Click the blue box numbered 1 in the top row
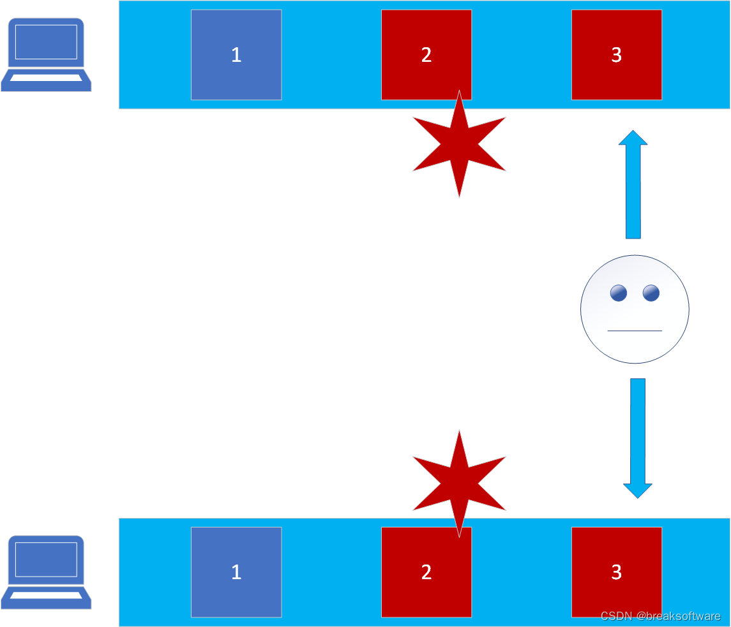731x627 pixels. pyautogui.click(x=236, y=55)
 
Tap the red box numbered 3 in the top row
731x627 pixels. pyautogui.click(x=616, y=55)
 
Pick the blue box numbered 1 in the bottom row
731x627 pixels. pyautogui.click(x=236, y=572)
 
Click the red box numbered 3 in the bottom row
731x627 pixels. pyautogui.click(x=616, y=572)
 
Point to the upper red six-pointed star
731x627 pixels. pyautogui.click(x=459, y=145)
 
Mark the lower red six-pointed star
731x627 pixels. pyautogui.click(x=459, y=483)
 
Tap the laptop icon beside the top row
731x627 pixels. pyautogui.click(x=46, y=55)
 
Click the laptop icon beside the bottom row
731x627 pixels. pyautogui.click(x=46, y=572)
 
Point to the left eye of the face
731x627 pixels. pyautogui.click(x=618, y=293)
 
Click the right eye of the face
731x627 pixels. pyautogui.click(x=651, y=293)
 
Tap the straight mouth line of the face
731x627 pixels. pyautogui.click(x=635, y=330)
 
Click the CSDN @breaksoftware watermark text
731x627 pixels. pyautogui.click(x=660, y=616)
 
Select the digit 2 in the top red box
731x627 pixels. pyautogui.click(x=426, y=55)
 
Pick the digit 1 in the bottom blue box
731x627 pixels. pyautogui.click(x=236, y=572)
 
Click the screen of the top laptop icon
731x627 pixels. pyautogui.click(x=46, y=42)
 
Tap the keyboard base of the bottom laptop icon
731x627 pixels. pyautogui.click(x=46, y=595)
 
